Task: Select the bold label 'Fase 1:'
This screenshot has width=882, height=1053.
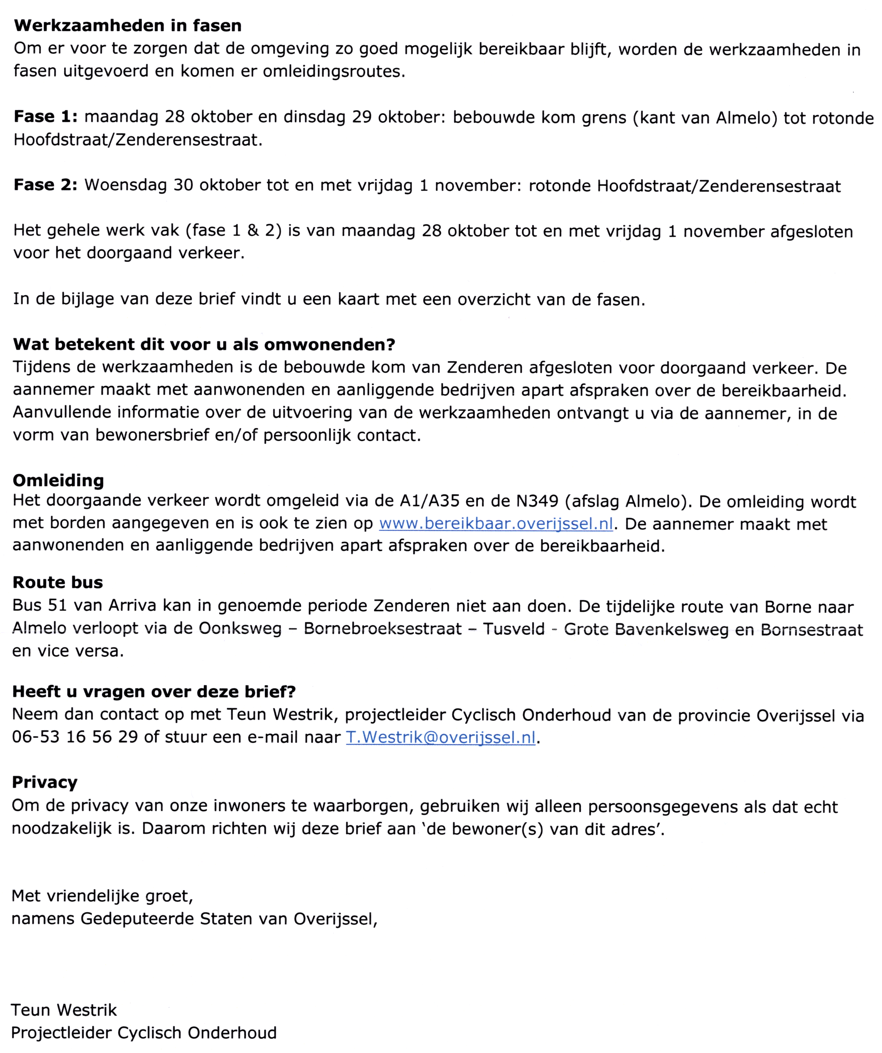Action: [x=45, y=117]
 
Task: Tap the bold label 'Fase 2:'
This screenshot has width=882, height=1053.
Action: [x=45, y=185]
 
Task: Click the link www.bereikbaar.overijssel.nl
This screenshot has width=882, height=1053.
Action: [x=496, y=523]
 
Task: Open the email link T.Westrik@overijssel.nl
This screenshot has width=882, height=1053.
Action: [x=441, y=737]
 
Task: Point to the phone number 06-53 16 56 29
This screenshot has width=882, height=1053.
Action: [x=75, y=737]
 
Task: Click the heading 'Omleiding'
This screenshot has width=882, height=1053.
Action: [x=58, y=480]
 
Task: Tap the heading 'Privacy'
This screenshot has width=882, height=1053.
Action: [x=45, y=782]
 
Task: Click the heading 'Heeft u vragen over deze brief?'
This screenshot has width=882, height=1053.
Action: [x=154, y=692]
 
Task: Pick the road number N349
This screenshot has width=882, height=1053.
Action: [x=537, y=501]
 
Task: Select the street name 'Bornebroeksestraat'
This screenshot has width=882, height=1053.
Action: [x=383, y=629]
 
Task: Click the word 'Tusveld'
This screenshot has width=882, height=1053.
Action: [x=514, y=629]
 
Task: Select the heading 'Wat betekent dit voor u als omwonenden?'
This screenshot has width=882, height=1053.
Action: [x=204, y=345]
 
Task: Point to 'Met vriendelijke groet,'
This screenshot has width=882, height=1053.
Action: [x=102, y=896]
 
